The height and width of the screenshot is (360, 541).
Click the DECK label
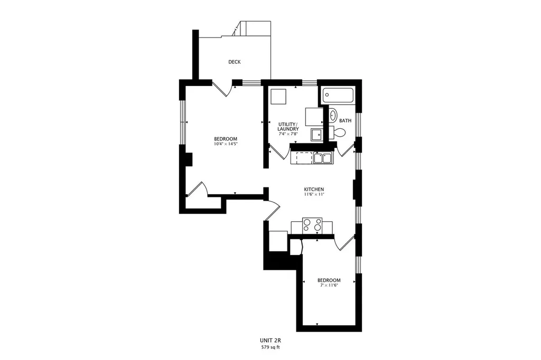click(234, 62)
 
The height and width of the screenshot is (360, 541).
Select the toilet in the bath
click(338, 132)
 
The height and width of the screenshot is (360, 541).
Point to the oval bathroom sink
click(333, 116)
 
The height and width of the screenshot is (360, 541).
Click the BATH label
click(346, 121)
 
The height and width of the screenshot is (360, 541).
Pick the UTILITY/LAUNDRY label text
click(288, 126)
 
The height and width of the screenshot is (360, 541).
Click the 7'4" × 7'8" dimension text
click(288, 134)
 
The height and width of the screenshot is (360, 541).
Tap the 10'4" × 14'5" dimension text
click(226, 144)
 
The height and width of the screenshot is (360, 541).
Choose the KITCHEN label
click(314, 190)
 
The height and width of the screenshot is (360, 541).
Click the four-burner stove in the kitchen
click(312, 225)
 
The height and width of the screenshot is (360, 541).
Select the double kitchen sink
click(323, 158)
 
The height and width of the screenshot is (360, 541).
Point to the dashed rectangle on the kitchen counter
click(304, 158)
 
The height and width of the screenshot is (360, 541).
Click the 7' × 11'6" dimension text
click(329, 286)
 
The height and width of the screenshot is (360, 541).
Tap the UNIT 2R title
click(270, 340)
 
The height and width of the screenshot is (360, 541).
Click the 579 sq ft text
click(270, 347)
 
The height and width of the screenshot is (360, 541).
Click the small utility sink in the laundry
click(316, 135)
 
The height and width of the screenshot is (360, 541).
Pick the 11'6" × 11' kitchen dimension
click(314, 194)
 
